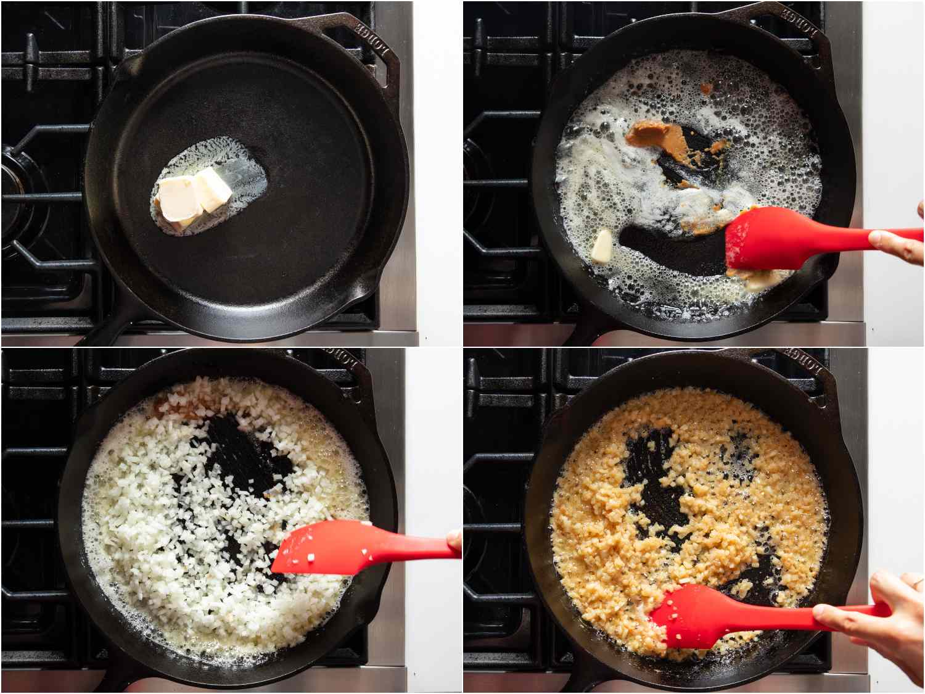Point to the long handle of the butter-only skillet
click(108, 327)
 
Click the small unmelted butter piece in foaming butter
click(602, 246)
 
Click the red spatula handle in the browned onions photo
click(802, 611)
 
